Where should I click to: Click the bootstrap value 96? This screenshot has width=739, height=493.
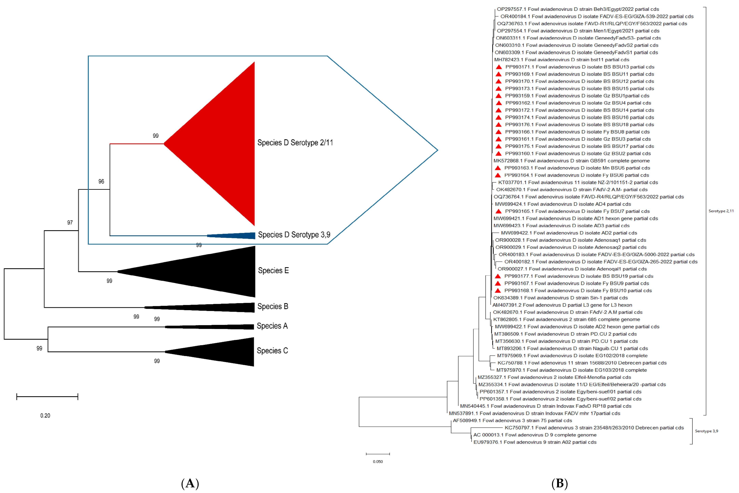point(101,181)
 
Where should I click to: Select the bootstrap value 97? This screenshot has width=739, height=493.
point(70,223)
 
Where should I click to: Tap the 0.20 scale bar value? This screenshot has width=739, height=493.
point(45,416)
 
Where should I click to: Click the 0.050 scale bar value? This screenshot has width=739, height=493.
point(378,462)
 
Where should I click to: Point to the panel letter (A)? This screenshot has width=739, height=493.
point(190,483)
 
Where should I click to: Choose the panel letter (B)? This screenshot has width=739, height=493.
point(560,483)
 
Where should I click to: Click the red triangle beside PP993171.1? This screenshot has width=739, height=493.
point(499,67)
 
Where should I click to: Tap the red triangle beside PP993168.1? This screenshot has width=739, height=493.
point(498,290)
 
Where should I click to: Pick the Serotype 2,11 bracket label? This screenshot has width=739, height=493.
point(721,211)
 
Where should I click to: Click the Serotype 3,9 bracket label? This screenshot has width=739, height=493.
point(706,431)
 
